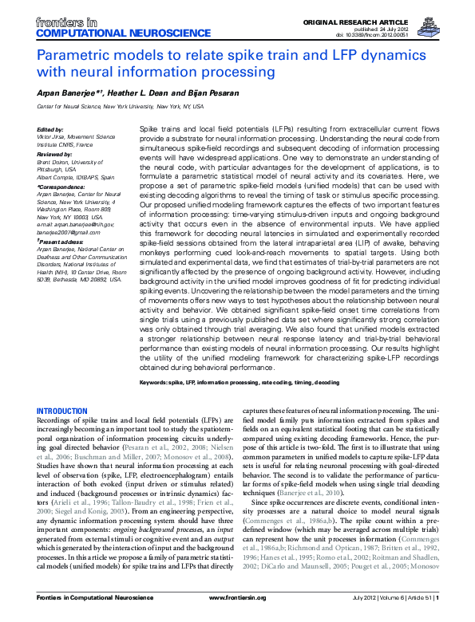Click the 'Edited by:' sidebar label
point(50,129)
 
